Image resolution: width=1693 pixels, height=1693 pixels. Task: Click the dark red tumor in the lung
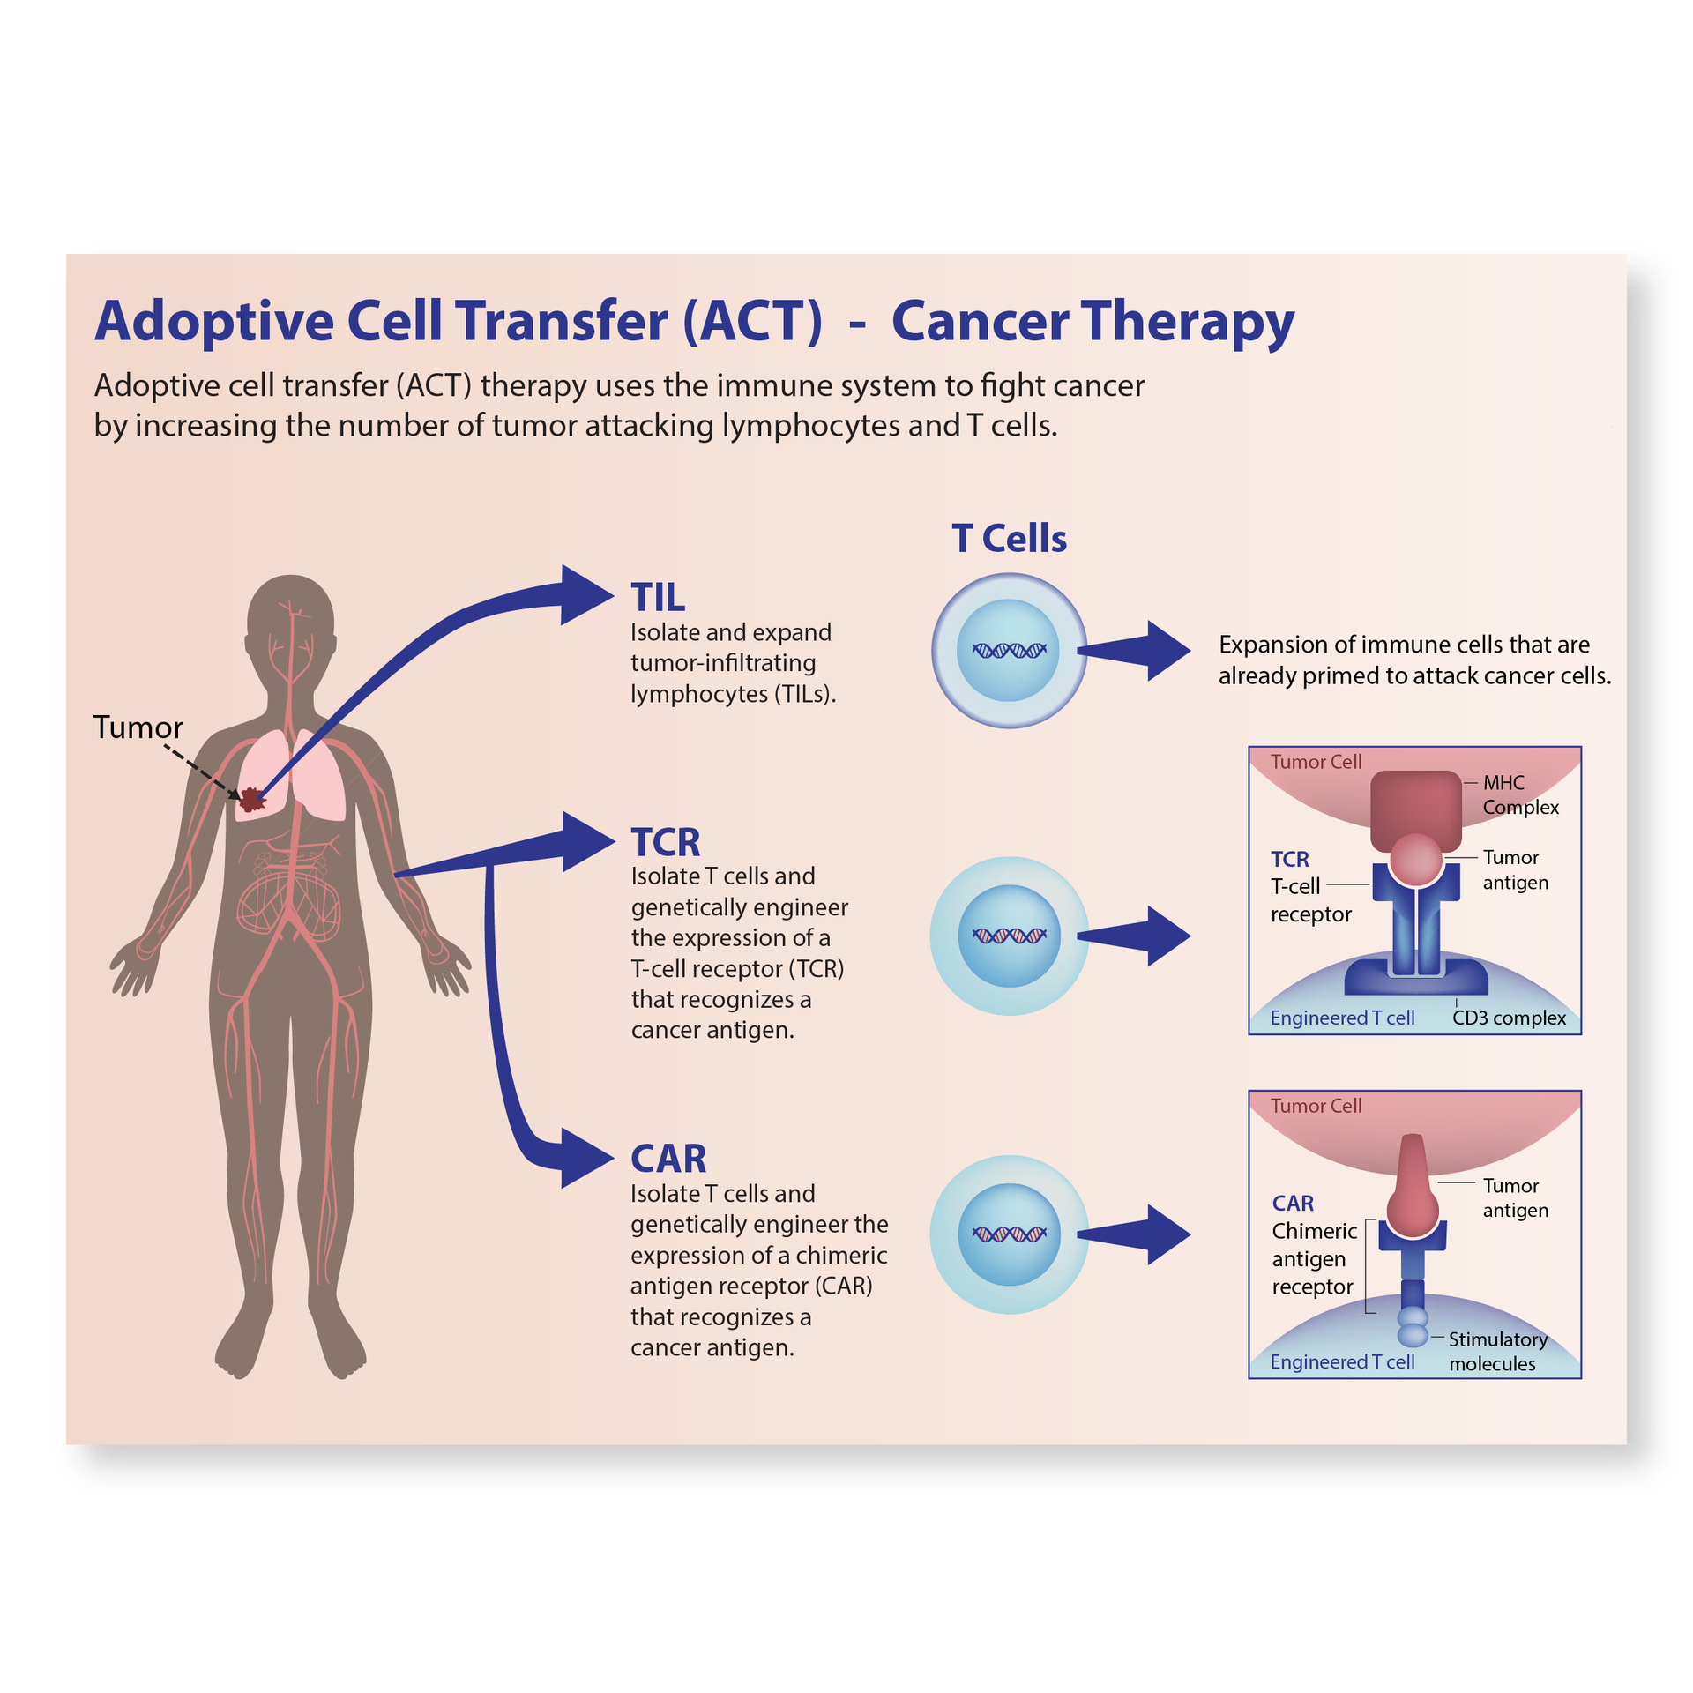pos(252,799)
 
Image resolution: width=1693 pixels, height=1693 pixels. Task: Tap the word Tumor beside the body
pos(138,727)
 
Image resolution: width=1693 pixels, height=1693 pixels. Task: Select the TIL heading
pos(658,598)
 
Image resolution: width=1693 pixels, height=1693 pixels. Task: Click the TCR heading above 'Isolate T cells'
pos(666,842)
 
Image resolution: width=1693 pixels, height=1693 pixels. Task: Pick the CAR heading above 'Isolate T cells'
pos(668,1159)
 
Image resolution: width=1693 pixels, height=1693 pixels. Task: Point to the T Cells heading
pos(1009,538)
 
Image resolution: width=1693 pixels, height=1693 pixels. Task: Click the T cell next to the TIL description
pos(1009,651)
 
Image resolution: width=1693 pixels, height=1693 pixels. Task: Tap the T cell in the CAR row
pos(1009,1234)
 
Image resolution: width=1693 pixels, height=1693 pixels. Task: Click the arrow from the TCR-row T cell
pos(1137,936)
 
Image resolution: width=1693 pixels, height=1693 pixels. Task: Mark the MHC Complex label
pos(1520,794)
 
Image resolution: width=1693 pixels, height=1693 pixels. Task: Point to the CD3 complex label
pos(1509,1018)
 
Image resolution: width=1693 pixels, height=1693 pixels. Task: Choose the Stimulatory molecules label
pos(1497,1351)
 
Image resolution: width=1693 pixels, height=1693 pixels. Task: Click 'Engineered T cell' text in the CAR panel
pos(1342,1361)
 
